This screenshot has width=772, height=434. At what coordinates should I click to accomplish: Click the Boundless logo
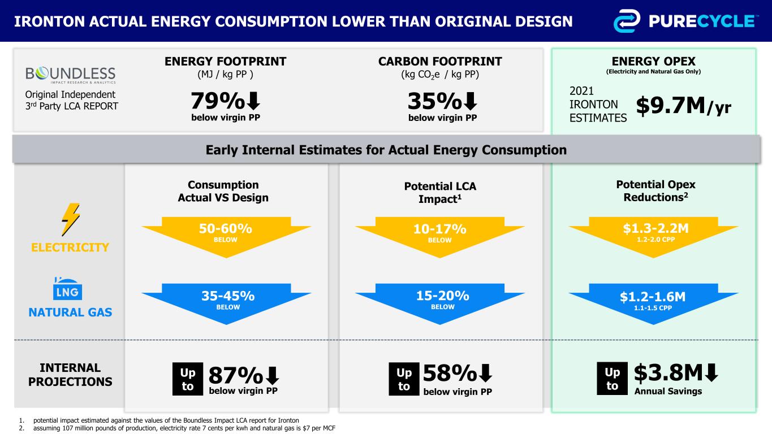point(71,75)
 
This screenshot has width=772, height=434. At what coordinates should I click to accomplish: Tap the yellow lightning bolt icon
point(70,219)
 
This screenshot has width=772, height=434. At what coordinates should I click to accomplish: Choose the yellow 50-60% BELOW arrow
point(226,235)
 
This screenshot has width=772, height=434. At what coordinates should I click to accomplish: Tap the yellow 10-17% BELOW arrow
point(439,235)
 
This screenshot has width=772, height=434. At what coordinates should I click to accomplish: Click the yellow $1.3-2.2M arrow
point(653,235)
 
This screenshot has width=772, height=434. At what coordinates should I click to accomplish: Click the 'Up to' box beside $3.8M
point(613,379)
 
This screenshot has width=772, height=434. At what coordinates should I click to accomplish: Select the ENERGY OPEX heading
point(653,61)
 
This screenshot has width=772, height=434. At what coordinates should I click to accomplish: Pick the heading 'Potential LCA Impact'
point(439,192)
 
